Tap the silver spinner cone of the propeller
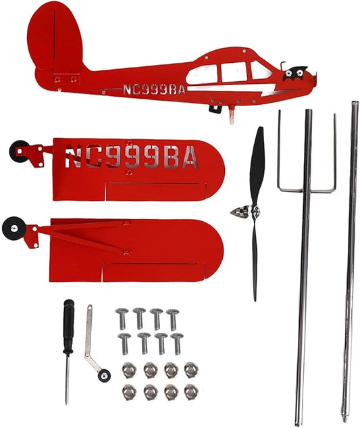click(240, 212)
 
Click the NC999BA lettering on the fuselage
click(155, 89)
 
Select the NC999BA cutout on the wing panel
click(131, 156)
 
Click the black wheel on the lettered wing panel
click(19, 151)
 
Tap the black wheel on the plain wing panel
click(14, 228)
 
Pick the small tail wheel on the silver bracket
click(104, 375)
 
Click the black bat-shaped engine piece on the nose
click(294, 73)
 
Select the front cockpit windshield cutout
click(260, 70)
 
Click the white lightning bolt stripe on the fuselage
click(232, 89)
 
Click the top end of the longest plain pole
click(355, 103)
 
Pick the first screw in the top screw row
click(122, 318)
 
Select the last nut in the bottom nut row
click(191, 392)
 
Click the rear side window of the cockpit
click(203, 75)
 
